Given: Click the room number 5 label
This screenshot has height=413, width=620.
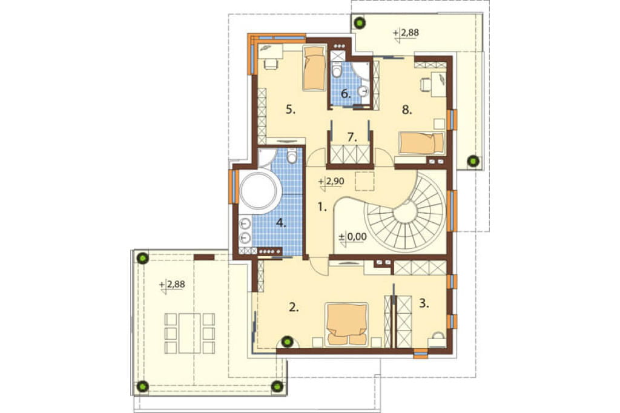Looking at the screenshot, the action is click(x=291, y=110).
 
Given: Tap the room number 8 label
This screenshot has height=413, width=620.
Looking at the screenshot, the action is click(x=407, y=110).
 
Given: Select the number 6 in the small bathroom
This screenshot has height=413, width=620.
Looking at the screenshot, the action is click(x=346, y=94).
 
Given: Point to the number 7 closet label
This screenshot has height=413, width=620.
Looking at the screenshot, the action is click(x=352, y=137).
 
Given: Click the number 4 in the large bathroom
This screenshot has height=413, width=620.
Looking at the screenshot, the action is click(x=281, y=223).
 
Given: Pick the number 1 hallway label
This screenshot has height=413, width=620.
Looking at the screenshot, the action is click(x=323, y=206).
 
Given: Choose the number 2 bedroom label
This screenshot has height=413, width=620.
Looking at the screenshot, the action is click(x=294, y=307).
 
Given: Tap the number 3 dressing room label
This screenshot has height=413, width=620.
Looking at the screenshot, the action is click(x=424, y=304).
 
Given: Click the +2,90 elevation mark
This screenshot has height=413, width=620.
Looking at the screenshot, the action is click(x=331, y=182).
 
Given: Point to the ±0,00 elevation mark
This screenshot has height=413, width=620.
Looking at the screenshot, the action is click(x=353, y=238).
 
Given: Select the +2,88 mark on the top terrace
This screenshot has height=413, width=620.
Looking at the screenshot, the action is click(x=406, y=33).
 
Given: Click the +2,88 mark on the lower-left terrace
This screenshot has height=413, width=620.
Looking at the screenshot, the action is click(x=173, y=285).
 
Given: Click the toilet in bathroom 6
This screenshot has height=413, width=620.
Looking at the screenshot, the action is click(x=337, y=70).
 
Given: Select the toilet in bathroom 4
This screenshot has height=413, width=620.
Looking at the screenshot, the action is click(x=292, y=156).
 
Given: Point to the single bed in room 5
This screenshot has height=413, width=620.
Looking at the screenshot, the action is click(x=314, y=68).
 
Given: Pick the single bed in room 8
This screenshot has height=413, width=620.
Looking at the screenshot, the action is click(x=421, y=143).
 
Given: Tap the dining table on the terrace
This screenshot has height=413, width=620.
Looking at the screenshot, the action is click(x=190, y=333).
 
